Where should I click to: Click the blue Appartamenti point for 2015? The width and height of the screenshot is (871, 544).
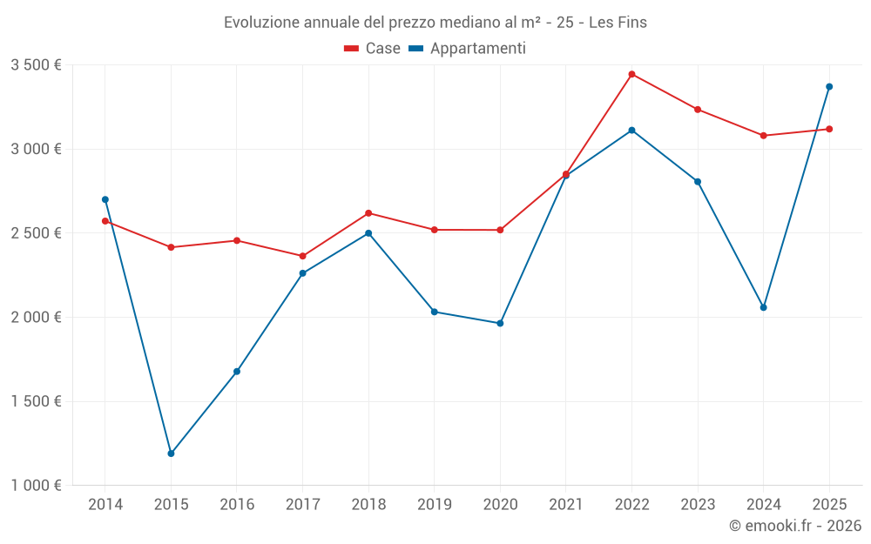coord(171,453)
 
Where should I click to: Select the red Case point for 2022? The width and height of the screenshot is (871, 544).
coord(631,74)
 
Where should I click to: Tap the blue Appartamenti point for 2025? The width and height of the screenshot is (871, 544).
coord(829,86)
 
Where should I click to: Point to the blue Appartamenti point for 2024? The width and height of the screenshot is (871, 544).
coord(763,307)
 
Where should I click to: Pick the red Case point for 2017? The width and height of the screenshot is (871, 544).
coord(302,256)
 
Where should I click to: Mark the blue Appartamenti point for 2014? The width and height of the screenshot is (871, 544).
coord(105,199)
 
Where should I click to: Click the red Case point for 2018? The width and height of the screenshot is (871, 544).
coord(368,213)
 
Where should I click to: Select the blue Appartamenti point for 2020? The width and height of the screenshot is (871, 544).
coord(500,323)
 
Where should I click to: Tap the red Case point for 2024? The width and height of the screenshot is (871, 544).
coord(763,136)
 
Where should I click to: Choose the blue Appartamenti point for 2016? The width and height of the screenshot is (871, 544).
coord(237,372)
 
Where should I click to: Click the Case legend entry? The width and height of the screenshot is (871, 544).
coord(373,49)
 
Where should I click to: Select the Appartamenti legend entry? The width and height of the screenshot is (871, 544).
coord(468,49)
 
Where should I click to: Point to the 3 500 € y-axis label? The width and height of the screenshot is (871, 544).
coord(36,65)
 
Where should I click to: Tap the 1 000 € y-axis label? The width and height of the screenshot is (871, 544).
coord(36,486)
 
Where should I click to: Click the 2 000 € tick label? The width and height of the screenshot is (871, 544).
coord(36,318)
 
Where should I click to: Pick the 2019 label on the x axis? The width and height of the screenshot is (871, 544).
coord(434,504)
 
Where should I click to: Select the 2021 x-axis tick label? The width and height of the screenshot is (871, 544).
coord(565,504)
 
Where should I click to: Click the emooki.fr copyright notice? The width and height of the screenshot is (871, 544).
coord(794,526)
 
